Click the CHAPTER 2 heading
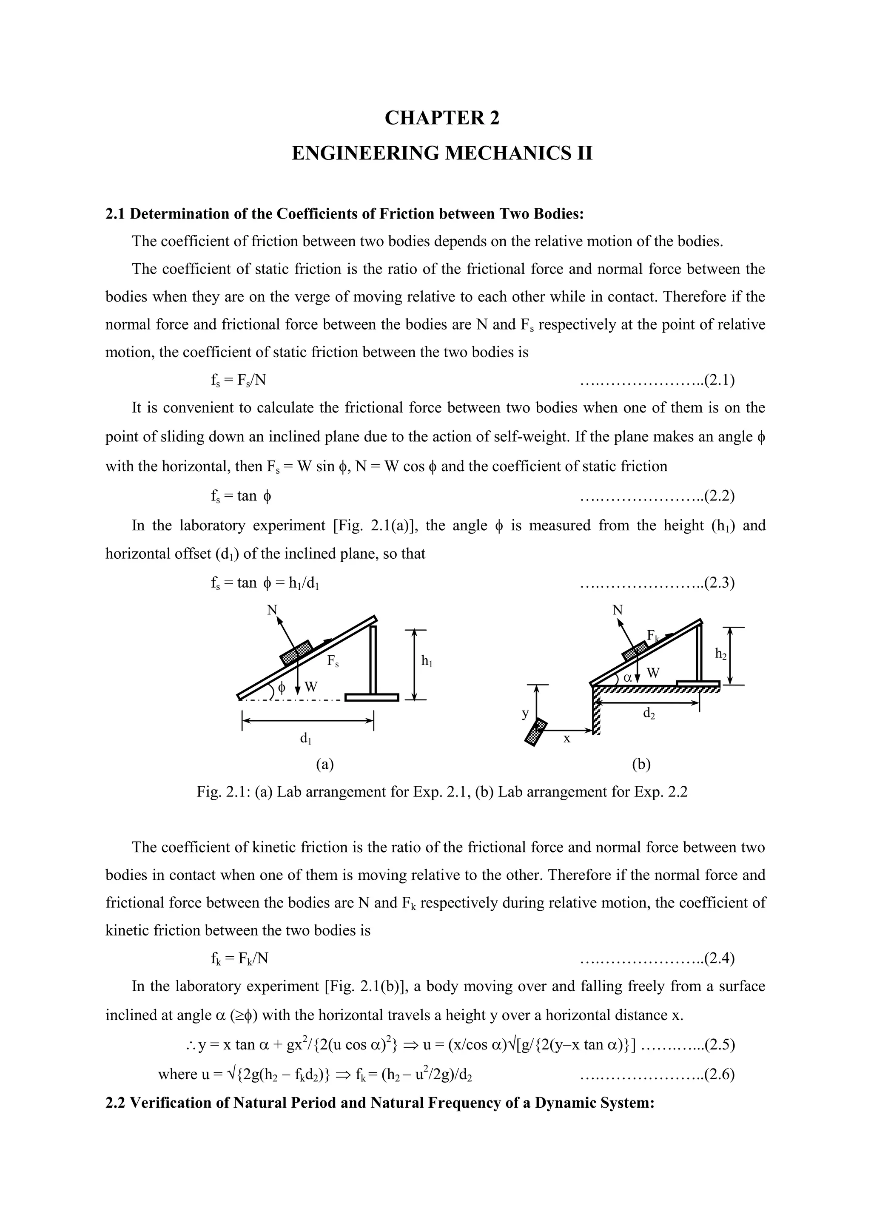442,118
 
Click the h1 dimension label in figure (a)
427,662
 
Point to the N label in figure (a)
273,610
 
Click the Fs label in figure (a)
333,662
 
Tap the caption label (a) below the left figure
324,764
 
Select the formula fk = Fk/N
239,958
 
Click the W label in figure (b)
653,673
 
